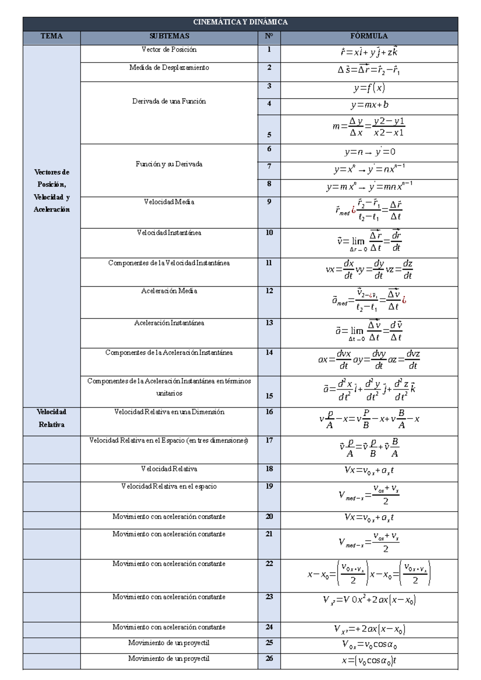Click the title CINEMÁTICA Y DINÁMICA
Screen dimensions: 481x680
click(x=240, y=22)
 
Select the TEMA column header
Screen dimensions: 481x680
click(x=51, y=36)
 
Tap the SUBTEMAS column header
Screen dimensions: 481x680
click(x=169, y=36)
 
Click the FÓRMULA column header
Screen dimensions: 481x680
click(x=369, y=36)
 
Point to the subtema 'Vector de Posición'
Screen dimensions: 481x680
click(x=169, y=50)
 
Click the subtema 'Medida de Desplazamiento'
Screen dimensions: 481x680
click(x=169, y=68)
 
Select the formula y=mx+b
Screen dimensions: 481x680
click(x=369, y=105)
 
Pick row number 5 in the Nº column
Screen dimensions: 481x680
click(x=269, y=135)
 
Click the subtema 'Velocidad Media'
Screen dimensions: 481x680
click(x=169, y=202)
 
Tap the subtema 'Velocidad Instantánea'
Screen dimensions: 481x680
click(x=169, y=233)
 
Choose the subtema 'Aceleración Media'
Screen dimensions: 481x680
click(x=169, y=291)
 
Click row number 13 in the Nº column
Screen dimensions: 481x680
click(x=269, y=323)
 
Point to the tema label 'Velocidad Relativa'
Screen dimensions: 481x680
click(x=51, y=418)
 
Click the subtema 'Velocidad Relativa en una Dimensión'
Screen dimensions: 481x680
click(x=169, y=412)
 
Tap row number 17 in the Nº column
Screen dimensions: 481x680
click(x=269, y=440)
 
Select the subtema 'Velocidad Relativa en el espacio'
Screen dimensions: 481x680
click(x=169, y=487)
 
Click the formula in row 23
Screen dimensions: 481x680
click(x=369, y=600)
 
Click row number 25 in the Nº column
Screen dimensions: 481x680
click(x=269, y=643)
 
